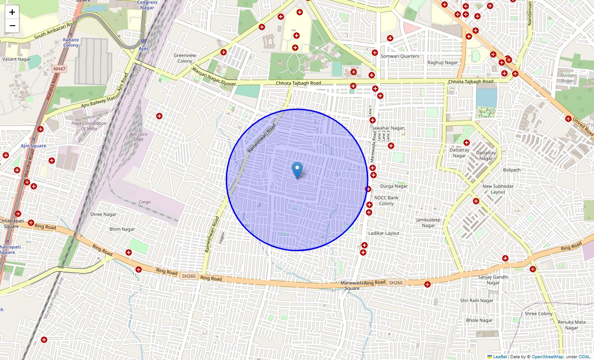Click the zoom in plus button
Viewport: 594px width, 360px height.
click(12, 12)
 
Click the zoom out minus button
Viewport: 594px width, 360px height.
click(12, 26)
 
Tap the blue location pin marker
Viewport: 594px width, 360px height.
click(297, 171)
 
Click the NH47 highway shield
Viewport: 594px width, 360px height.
click(58, 68)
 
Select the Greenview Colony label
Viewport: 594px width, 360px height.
click(184, 58)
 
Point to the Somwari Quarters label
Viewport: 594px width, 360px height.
click(400, 56)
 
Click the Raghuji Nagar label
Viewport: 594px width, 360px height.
click(442, 63)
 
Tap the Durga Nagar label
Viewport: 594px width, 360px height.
click(394, 186)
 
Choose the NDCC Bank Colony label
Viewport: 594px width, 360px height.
click(386, 201)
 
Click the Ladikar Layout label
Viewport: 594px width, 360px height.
click(383, 233)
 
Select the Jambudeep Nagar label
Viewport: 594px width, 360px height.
click(428, 223)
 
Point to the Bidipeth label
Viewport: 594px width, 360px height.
click(512, 170)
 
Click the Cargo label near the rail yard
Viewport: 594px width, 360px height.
click(144, 202)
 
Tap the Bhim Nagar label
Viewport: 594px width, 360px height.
click(122, 229)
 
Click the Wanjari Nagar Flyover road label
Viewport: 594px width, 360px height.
click(214, 76)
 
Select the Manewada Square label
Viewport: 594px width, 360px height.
click(352, 285)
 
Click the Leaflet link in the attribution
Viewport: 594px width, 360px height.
click(499, 357)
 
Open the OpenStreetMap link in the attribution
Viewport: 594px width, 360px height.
click(547, 357)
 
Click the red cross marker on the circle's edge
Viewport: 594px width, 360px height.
click(368, 189)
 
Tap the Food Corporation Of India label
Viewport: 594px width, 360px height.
click(89, 126)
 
